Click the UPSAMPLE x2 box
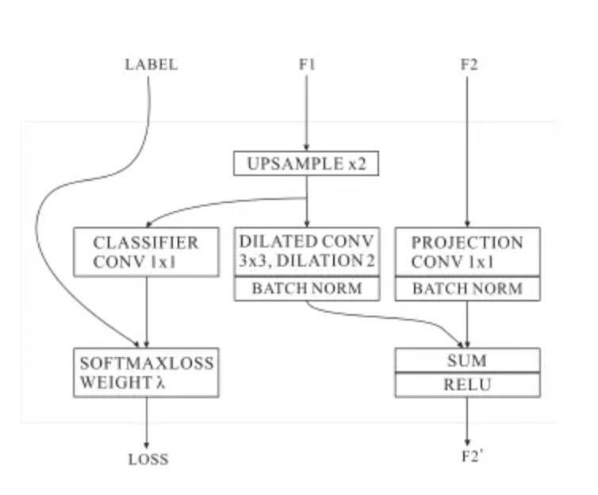coord(306,164)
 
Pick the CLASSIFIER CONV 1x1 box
coord(146,252)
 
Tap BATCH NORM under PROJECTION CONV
coord(467,289)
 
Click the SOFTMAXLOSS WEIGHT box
coord(146,372)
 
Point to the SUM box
coord(467,361)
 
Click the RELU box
coord(467,386)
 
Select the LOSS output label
coord(148,459)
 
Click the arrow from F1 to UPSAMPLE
coord(307,111)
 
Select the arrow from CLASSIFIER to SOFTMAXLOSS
coord(147,313)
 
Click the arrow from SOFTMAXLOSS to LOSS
coord(147,420)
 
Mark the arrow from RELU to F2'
coord(467,420)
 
